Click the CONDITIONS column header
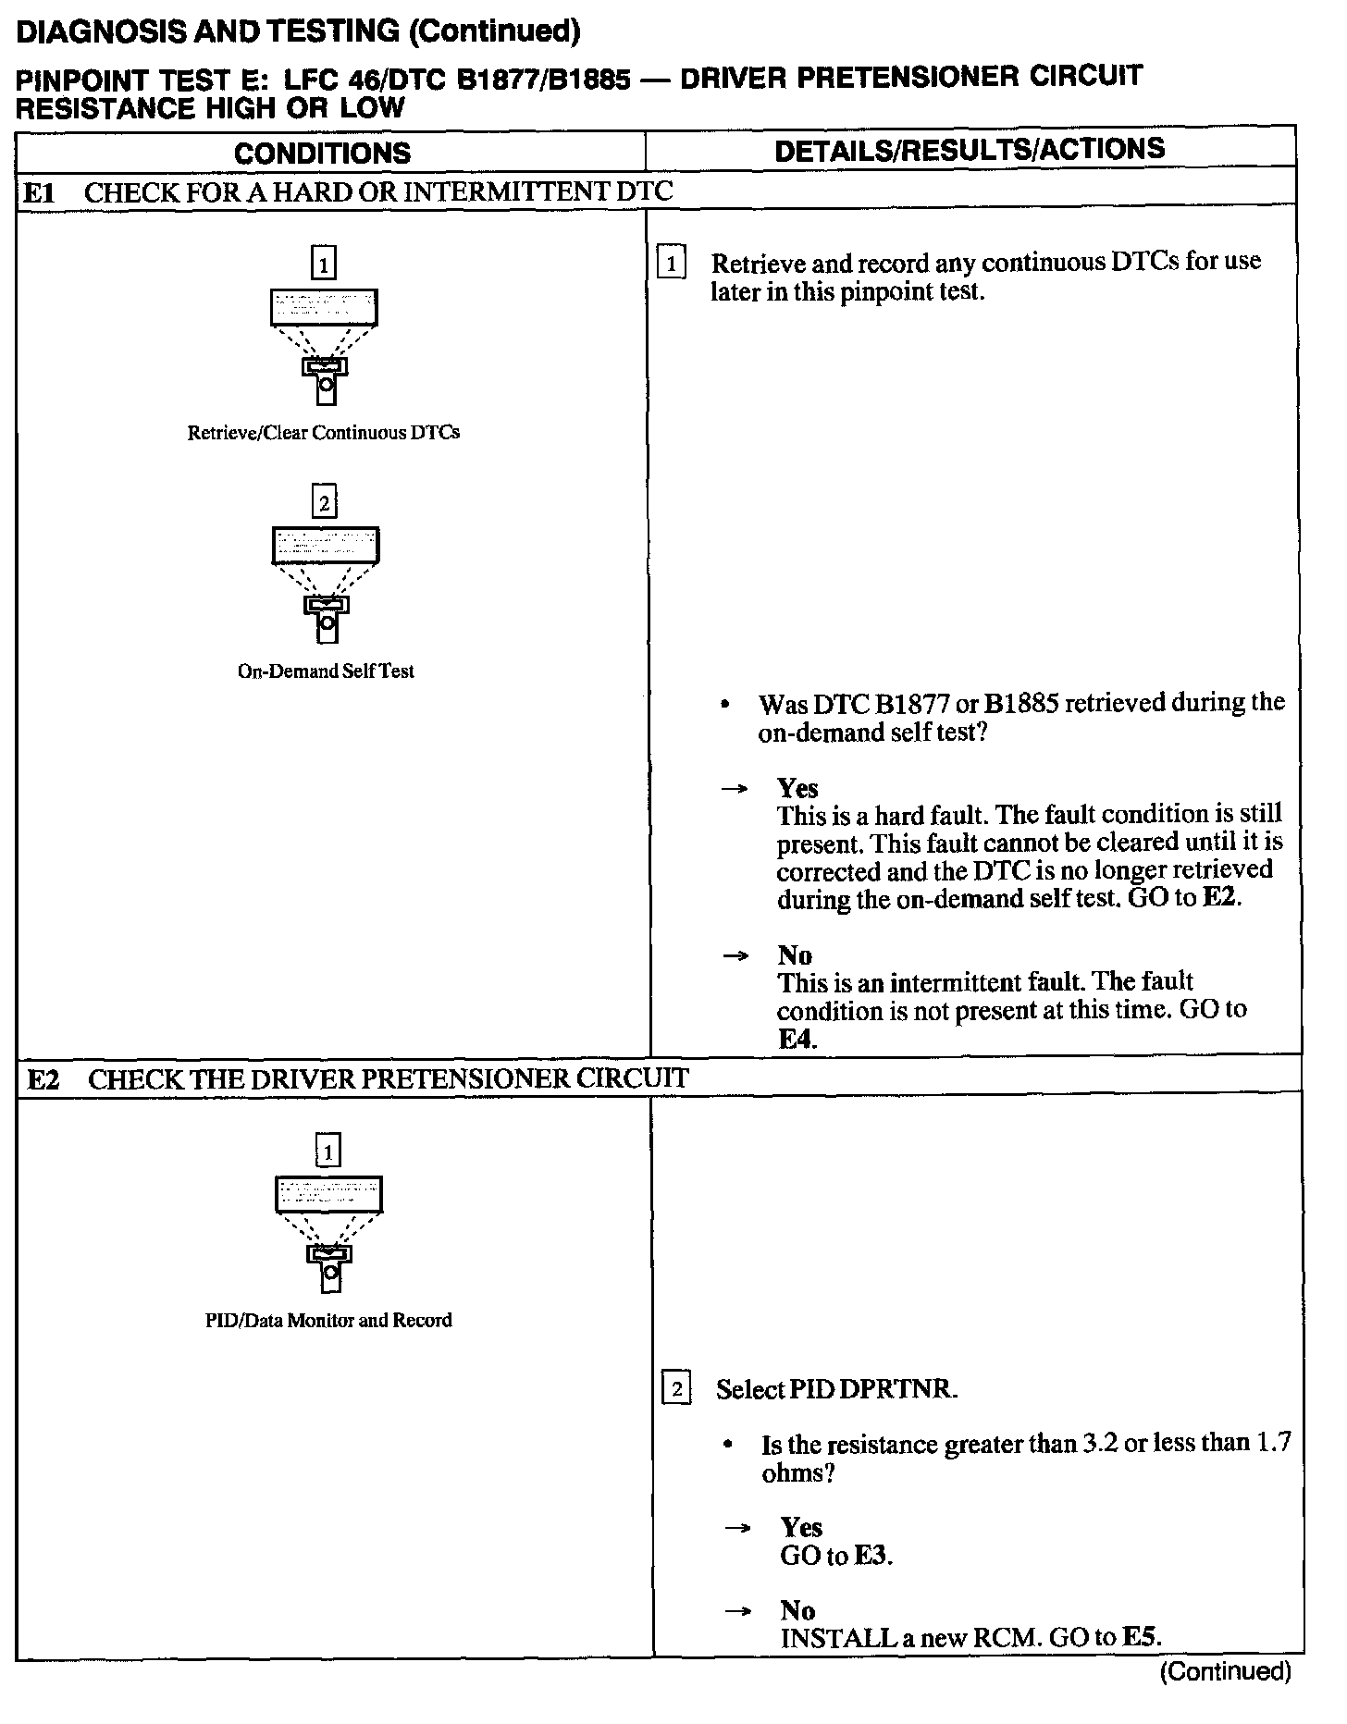(322, 154)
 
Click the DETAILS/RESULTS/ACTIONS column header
(969, 150)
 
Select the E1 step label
(40, 192)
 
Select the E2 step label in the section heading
(43, 1079)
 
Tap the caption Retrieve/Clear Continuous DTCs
(323, 433)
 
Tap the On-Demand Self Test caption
(326, 671)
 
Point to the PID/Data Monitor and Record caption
(328, 1320)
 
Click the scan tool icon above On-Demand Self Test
(326, 583)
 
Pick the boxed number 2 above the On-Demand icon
(324, 503)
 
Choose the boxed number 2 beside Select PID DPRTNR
(676, 1389)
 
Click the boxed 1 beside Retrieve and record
(671, 265)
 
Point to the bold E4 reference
(797, 1039)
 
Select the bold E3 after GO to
(871, 1556)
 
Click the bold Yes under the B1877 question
(797, 788)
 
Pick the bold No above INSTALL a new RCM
(797, 1611)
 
